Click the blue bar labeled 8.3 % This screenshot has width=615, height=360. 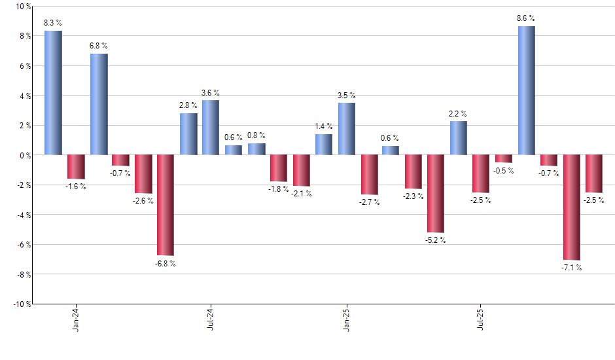click(x=54, y=93)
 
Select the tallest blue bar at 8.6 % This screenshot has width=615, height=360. click(x=526, y=90)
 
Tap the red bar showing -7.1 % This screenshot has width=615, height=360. click(x=571, y=207)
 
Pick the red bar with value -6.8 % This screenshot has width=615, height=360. click(x=166, y=205)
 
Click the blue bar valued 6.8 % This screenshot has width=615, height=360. click(x=99, y=104)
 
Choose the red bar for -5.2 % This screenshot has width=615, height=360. click(x=436, y=194)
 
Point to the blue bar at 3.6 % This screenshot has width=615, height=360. click(x=211, y=128)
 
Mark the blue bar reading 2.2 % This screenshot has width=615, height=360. click(x=459, y=138)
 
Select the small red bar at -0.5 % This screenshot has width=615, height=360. click(x=504, y=158)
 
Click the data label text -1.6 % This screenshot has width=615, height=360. click(x=76, y=187)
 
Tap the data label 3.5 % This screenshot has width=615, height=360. click(x=347, y=96)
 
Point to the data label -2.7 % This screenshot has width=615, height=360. click(x=369, y=202)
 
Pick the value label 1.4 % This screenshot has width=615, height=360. click(x=324, y=126)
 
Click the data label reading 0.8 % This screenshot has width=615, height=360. click(x=256, y=135)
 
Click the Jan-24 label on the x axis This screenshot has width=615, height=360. click(x=77, y=319)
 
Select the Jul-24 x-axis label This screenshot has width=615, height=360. click(x=211, y=319)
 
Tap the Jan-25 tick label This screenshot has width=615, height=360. click(x=346, y=319)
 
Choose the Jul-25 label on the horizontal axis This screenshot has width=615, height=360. click(x=481, y=319)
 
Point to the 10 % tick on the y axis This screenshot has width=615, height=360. click(x=22, y=7)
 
